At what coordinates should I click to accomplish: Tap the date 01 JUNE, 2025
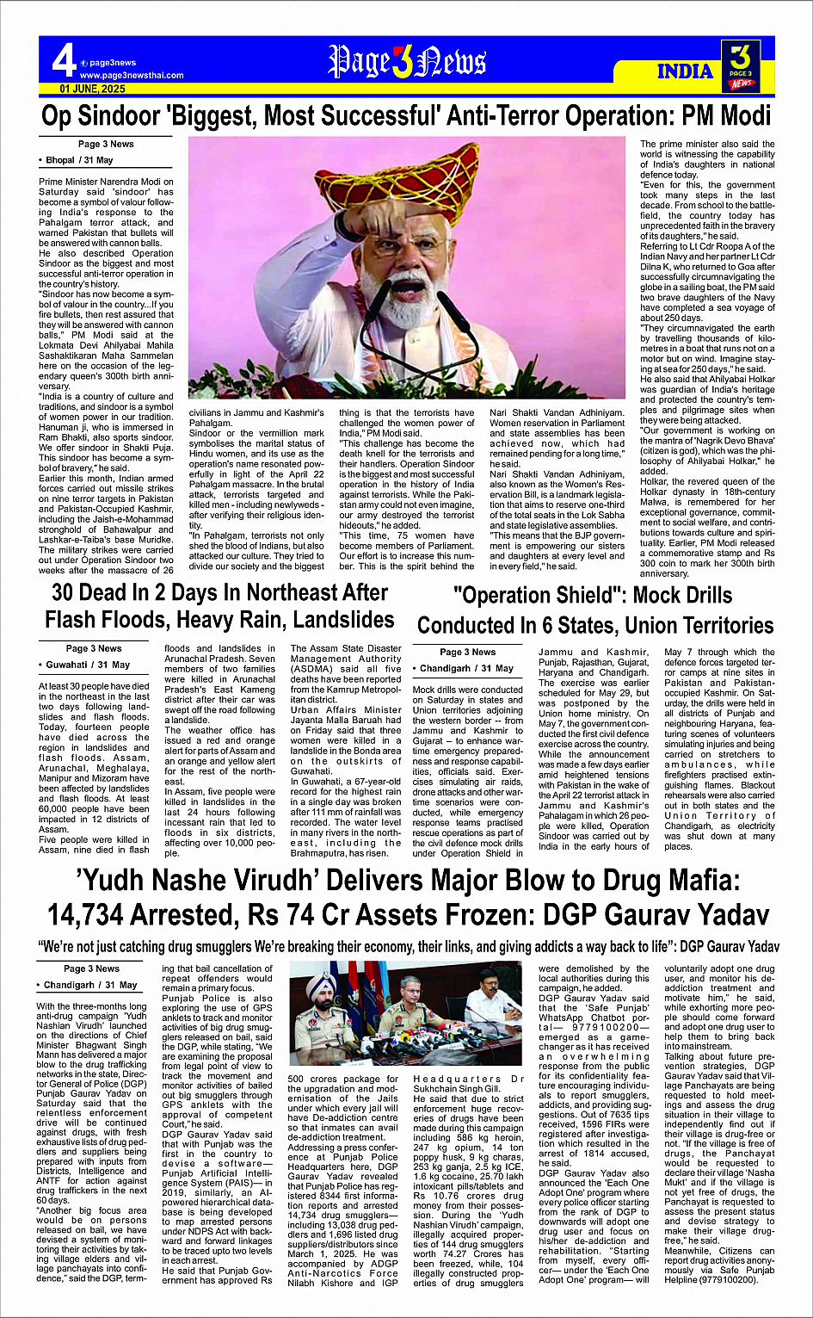click(92, 89)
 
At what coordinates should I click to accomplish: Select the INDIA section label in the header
click(685, 71)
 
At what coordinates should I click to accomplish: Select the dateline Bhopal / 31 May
click(79, 160)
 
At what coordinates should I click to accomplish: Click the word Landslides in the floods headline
click(343, 620)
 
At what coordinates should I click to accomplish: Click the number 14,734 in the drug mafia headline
click(102, 914)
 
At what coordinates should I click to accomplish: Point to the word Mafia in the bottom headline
click(687, 880)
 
